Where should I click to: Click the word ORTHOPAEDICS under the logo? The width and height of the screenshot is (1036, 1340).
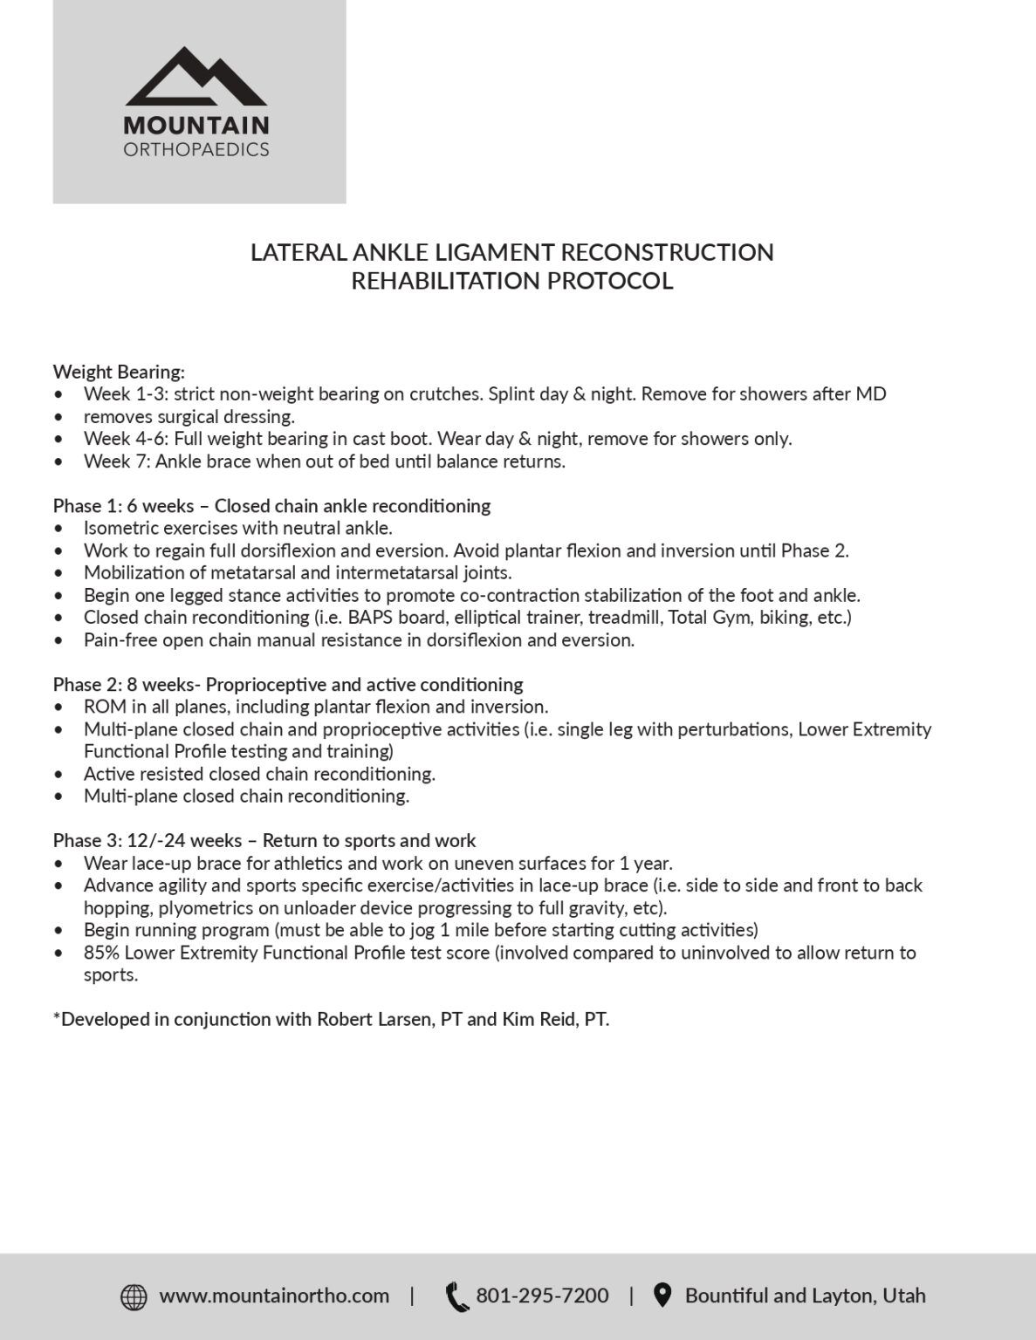[x=196, y=150]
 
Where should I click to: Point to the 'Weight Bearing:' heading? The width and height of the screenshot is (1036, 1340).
[x=119, y=372]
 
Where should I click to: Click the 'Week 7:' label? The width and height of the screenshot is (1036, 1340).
[x=117, y=461]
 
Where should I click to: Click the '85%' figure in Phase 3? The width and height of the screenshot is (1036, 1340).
[x=101, y=953]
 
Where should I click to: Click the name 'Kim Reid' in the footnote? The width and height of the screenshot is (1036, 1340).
[x=534, y=1020]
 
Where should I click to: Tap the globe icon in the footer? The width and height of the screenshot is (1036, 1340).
[x=134, y=1297]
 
